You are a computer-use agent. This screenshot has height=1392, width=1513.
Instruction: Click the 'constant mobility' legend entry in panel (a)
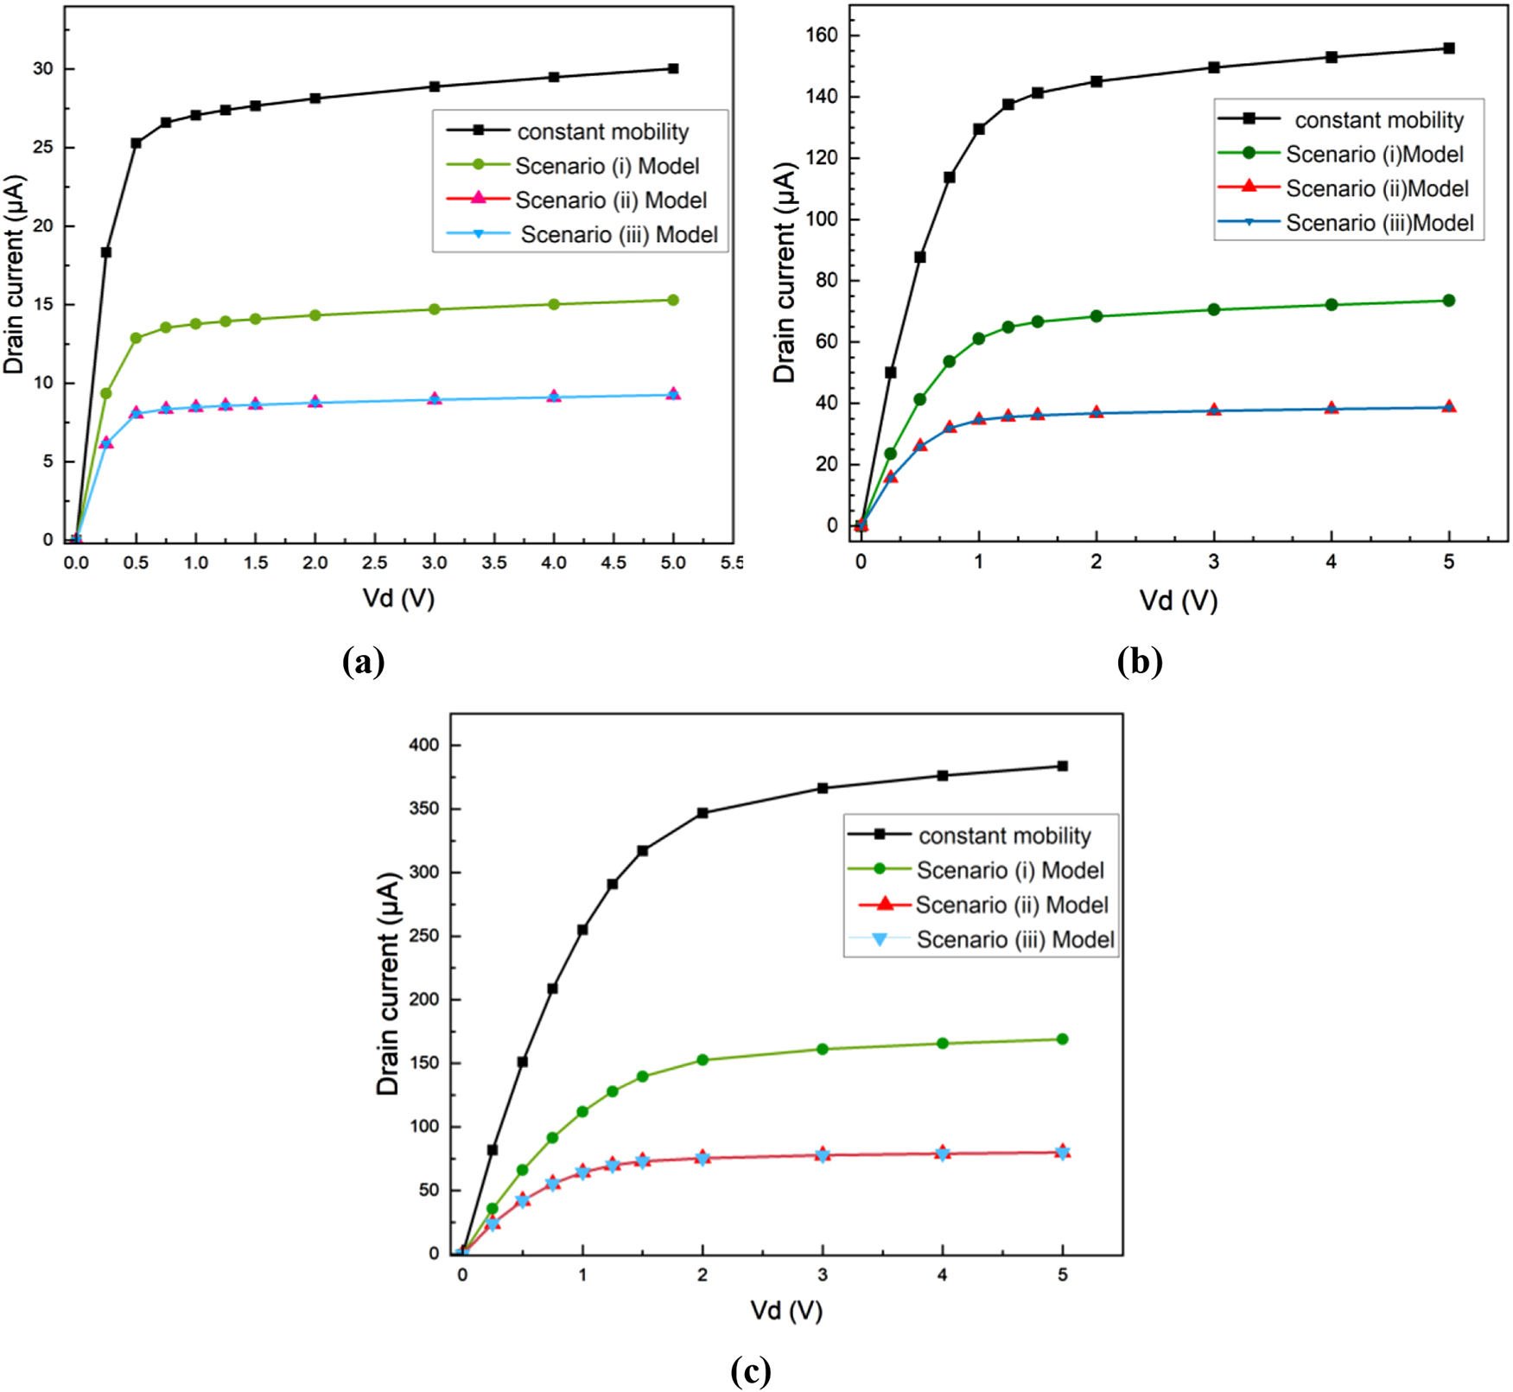tap(602, 132)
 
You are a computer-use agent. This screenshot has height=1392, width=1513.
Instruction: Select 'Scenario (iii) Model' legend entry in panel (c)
tap(1014, 940)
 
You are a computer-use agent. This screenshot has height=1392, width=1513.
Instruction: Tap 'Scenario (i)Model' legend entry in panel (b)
tap(1374, 155)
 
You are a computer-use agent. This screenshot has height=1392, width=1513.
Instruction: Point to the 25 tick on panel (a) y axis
tap(42, 148)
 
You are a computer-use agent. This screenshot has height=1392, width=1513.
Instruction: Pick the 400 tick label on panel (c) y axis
tap(423, 745)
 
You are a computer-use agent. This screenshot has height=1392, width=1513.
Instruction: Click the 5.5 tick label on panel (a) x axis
tap(732, 563)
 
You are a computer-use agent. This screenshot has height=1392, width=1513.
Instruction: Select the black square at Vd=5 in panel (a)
tap(673, 68)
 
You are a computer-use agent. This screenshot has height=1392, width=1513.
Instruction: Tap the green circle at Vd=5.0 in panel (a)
tap(673, 301)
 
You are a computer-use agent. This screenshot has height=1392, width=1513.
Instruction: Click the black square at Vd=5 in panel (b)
tap(1449, 48)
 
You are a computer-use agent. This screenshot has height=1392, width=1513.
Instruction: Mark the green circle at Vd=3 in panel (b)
tap(1214, 309)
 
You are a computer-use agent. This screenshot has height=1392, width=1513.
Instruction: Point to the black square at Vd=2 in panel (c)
tap(702, 813)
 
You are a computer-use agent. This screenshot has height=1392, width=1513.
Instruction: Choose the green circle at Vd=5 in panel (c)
tap(1063, 1039)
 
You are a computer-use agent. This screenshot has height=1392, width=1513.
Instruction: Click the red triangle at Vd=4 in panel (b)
tap(1332, 408)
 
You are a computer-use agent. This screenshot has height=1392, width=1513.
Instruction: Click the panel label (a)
tap(363, 663)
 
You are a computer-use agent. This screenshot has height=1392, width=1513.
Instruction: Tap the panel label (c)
tap(750, 1371)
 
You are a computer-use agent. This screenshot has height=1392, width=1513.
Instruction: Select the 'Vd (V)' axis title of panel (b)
tap(1178, 601)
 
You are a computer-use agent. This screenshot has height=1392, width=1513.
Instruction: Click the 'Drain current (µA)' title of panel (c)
tap(388, 984)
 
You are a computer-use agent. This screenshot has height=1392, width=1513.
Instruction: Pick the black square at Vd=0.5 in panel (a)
tap(136, 143)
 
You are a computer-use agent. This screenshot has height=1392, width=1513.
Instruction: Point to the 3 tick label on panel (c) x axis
tap(822, 1275)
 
